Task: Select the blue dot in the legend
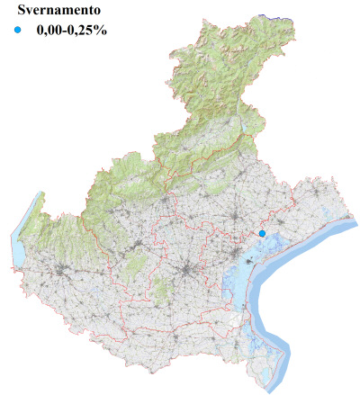click(x=18, y=31)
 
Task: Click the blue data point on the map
click(x=262, y=234)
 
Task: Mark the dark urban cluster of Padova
click(x=187, y=271)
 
